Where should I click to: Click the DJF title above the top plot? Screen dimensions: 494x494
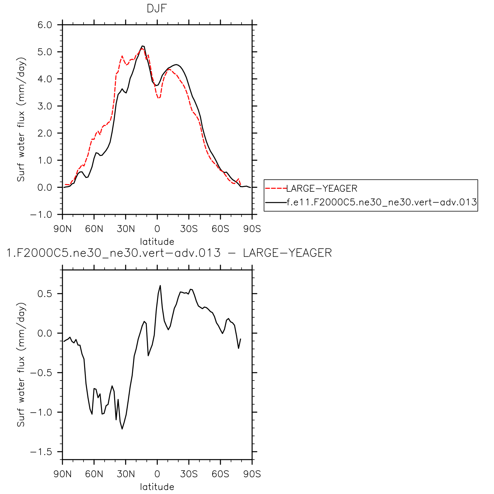157,9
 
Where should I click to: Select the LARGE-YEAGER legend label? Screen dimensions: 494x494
322,188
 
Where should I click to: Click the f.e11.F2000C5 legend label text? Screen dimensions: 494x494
382,202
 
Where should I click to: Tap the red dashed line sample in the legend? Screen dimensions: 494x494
276,188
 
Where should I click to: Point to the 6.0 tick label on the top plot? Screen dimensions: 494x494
45,25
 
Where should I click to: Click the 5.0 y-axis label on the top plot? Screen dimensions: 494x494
45,52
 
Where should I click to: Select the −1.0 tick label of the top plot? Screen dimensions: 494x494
41,214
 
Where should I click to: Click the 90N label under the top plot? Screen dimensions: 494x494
62,229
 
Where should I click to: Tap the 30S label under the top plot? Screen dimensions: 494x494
189,229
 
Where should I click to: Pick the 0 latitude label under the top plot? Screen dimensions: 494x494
157,229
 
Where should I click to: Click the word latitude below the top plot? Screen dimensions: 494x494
157,242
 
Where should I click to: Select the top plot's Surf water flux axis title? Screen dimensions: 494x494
21,119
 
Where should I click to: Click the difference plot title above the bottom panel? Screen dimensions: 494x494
169,253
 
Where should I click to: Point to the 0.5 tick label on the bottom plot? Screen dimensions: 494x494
45,294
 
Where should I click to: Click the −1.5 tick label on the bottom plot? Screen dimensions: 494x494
41,452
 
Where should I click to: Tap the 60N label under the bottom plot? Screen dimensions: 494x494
94,474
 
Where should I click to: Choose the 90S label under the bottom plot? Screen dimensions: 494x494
252,474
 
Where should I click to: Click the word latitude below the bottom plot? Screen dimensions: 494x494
157,487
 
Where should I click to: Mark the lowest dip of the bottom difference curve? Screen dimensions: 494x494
122,429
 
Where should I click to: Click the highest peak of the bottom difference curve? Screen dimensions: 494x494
160,286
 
